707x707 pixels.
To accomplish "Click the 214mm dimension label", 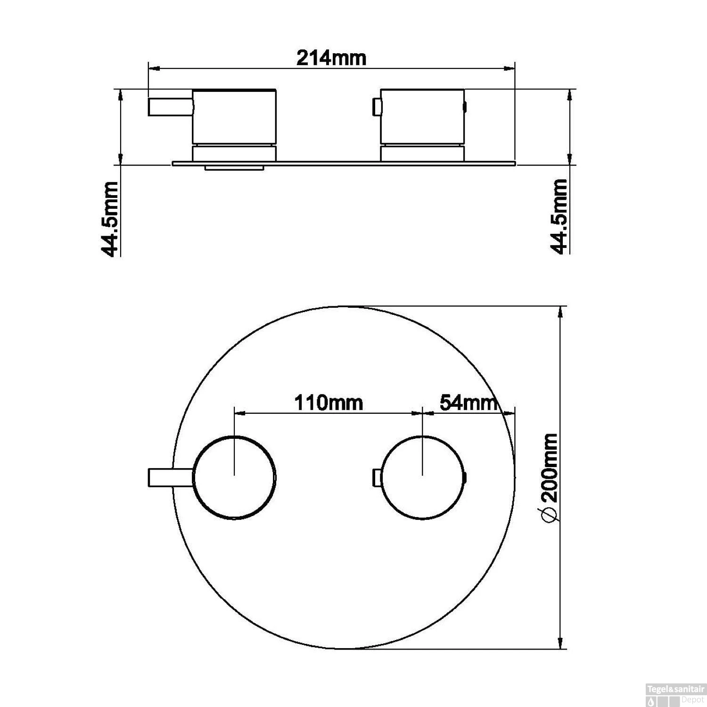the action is tap(331, 58).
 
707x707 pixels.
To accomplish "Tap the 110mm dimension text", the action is tap(329, 403).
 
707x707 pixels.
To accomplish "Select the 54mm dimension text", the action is tap(468, 403).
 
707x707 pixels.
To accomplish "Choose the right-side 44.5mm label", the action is tap(559, 216).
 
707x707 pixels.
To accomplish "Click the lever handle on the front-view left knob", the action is tap(171, 477).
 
